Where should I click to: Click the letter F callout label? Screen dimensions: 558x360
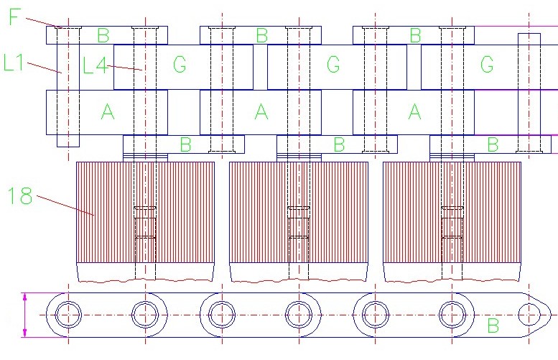tap(14, 17)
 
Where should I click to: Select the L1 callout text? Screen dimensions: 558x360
tap(13, 62)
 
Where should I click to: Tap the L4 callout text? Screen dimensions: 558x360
tap(95, 65)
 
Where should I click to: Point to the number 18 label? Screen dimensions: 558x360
tap(20, 195)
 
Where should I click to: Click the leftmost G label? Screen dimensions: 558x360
tap(180, 65)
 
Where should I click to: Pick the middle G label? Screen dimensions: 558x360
tap(333, 65)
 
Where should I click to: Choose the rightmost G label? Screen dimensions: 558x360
tap(487, 65)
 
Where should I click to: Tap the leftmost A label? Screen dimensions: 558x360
tap(108, 111)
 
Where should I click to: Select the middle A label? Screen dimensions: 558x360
tap(261, 111)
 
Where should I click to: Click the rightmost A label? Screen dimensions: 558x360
tap(414, 111)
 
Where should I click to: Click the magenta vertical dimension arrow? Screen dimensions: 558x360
tap(24, 315)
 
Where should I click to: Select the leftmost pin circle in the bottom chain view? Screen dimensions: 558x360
tap(68, 315)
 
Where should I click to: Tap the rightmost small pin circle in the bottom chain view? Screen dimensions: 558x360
tap(529, 315)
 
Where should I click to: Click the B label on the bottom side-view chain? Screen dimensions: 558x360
tap(493, 326)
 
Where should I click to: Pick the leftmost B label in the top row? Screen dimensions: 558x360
tap(103, 35)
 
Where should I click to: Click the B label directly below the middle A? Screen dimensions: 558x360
tap(339, 144)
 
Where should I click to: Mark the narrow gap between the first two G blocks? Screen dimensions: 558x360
tap(260, 67)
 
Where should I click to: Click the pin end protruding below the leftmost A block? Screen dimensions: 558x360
tap(68, 141)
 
